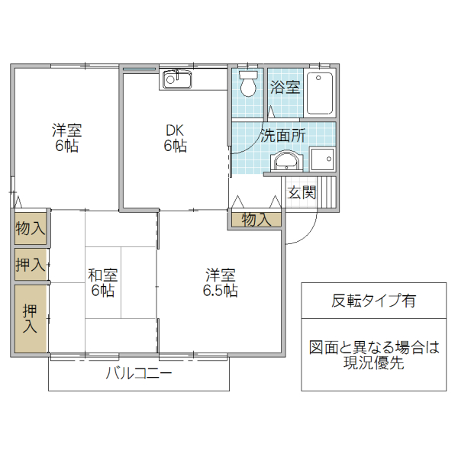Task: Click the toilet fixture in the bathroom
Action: [247, 85]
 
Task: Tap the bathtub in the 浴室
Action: [319, 93]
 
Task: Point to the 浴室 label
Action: [285, 86]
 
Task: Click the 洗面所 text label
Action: [283, 136]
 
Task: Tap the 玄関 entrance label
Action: [302, 192]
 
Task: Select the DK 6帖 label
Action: [175, 137]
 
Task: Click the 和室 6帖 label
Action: [102, 282]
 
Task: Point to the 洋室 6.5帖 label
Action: [220, 282]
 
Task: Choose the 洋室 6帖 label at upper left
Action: [66, 137]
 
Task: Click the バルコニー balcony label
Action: [138, 374]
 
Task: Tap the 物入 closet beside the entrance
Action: [256, 220]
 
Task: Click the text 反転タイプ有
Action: [374, 301]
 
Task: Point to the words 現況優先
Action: [374, 363]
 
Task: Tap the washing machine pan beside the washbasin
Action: [321, 159]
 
